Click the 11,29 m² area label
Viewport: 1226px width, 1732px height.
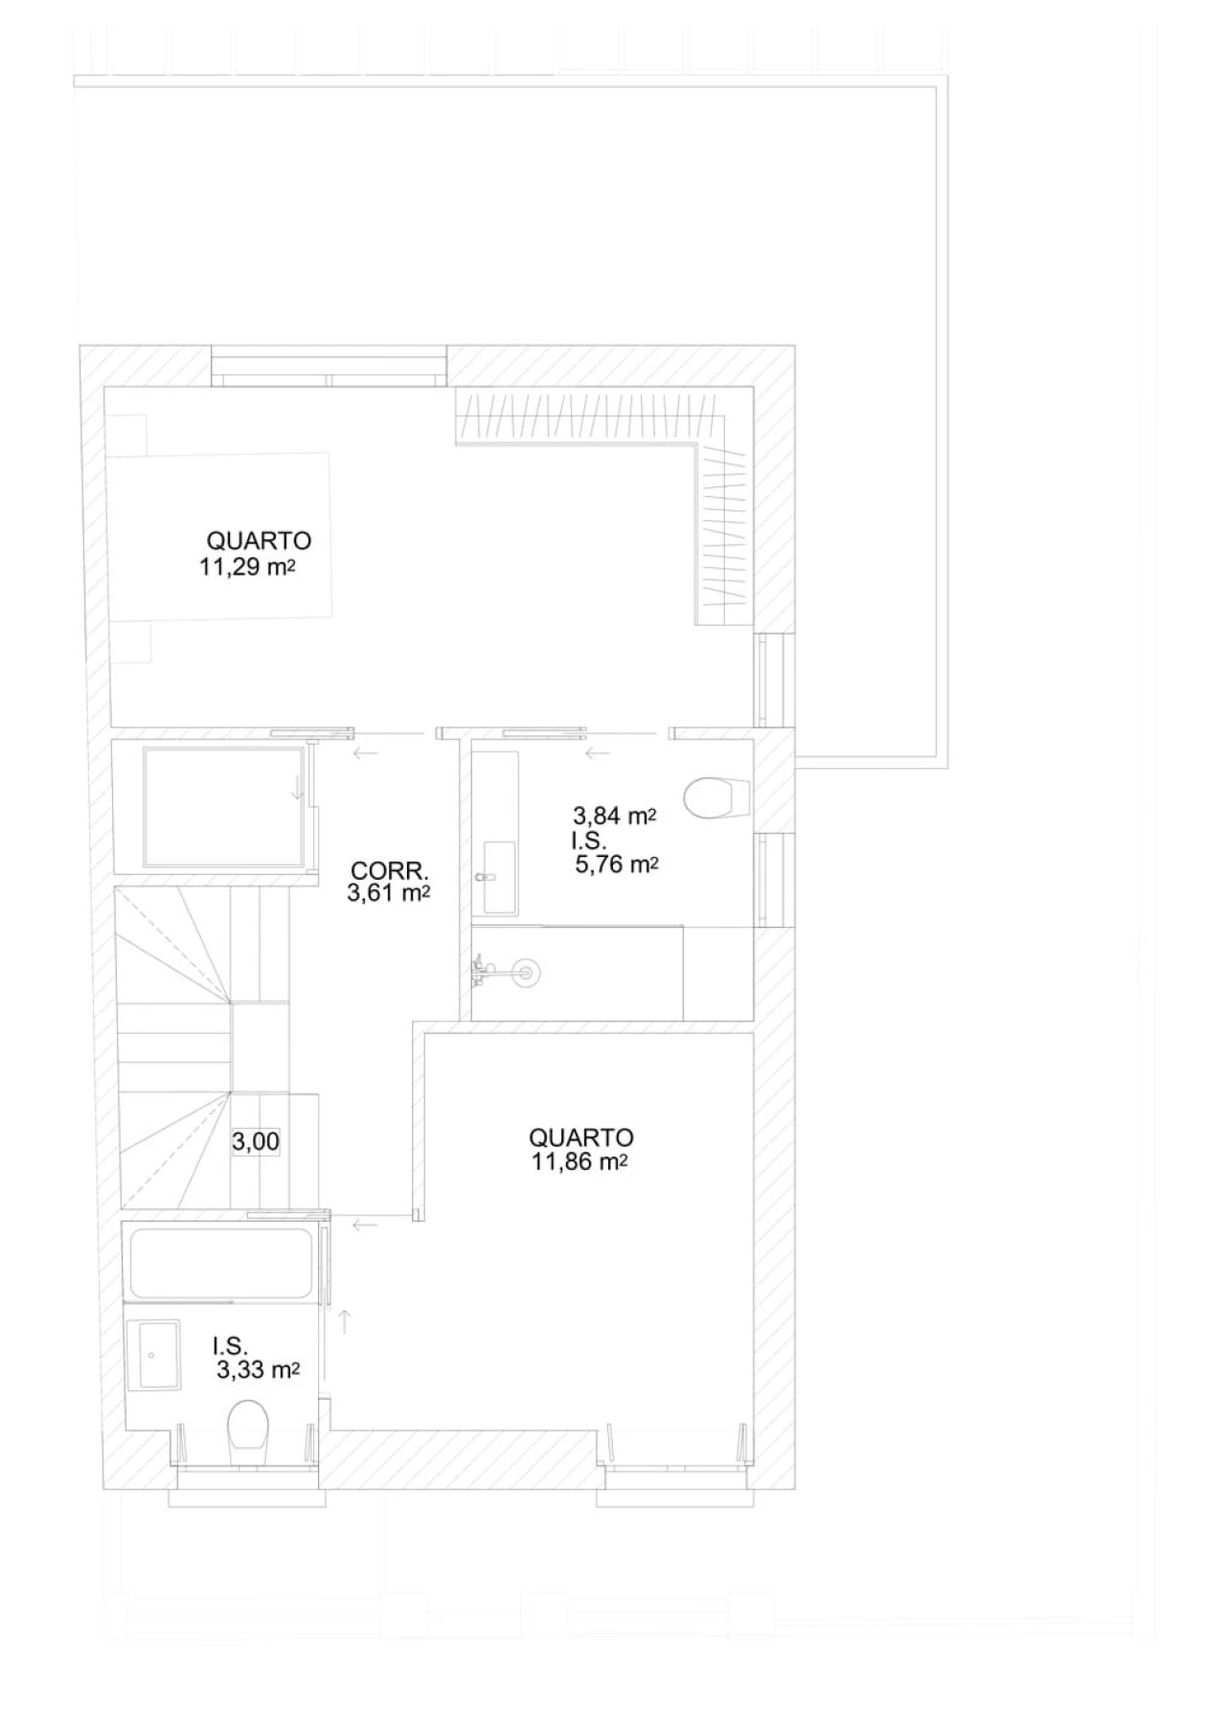246,566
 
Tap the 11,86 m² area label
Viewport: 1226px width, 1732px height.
579,1162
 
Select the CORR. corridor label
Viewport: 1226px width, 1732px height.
389,871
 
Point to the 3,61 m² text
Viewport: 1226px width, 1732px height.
387,894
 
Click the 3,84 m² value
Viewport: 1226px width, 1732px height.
614,817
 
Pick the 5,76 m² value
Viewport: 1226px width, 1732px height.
617,865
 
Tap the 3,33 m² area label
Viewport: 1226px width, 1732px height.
259,1370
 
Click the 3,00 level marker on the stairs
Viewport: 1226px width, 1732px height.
256,1141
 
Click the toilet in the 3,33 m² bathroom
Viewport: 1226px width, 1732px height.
249,1432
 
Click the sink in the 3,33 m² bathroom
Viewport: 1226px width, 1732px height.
157,1355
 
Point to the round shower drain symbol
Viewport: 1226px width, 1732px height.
525,974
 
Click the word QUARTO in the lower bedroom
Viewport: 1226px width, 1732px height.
581,1137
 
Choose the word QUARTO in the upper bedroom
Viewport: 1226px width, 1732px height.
259,541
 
